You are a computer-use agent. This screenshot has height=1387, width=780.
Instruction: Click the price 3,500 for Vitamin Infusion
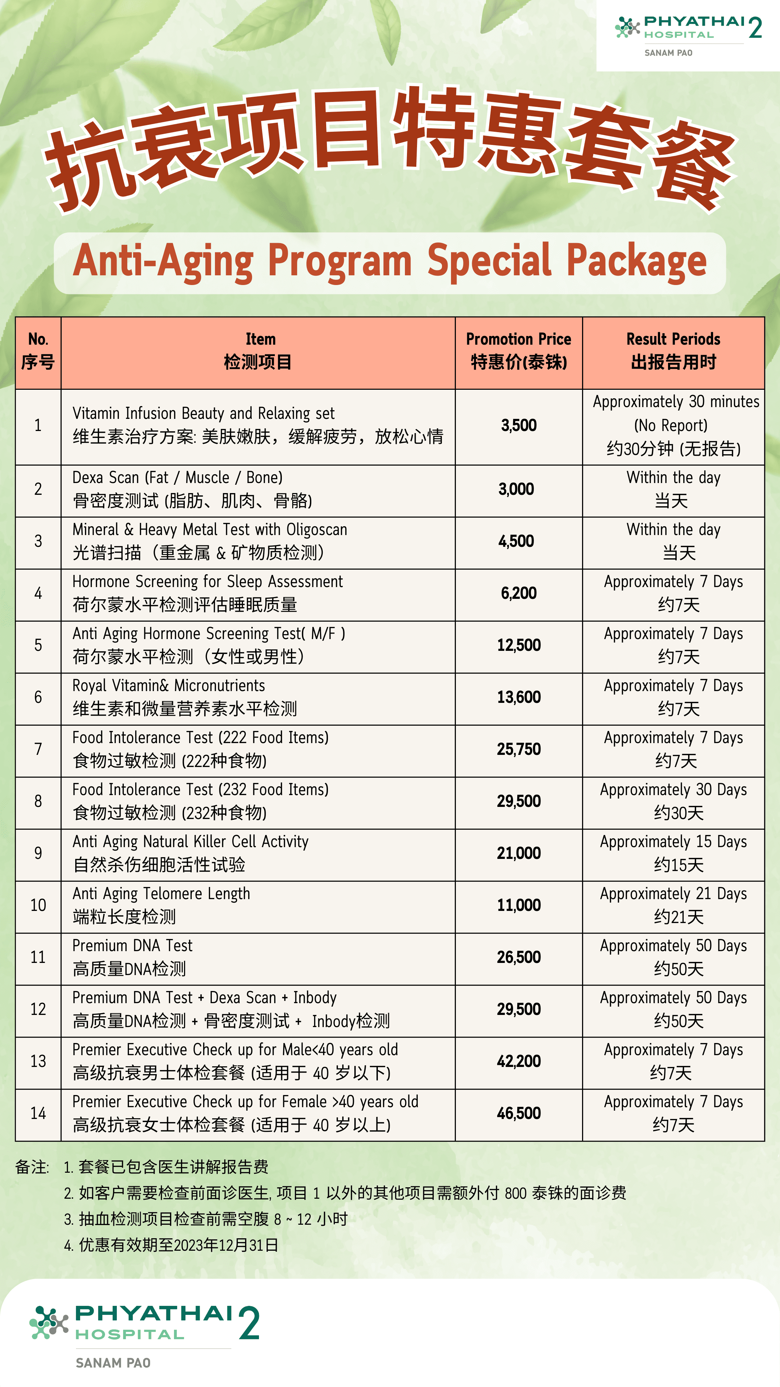(518, 425)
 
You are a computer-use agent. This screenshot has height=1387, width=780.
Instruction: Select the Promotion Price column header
(518, 351)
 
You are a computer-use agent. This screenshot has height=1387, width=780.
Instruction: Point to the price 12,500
(518, 645)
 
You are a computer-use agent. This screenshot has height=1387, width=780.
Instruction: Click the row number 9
(38, 853)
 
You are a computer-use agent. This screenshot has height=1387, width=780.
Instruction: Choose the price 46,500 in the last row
(518, 1113)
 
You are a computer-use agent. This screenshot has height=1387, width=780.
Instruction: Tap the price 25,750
(518, 749)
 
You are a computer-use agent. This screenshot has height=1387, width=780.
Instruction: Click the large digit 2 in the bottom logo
(249, 1324)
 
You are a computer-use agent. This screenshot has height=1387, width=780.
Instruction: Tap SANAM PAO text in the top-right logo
(668, 53)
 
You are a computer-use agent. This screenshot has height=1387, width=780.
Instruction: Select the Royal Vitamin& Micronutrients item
(168, 686)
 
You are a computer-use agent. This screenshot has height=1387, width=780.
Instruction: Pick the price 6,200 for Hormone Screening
(518, 593)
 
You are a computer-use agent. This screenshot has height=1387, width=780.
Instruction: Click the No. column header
(38, 351)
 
